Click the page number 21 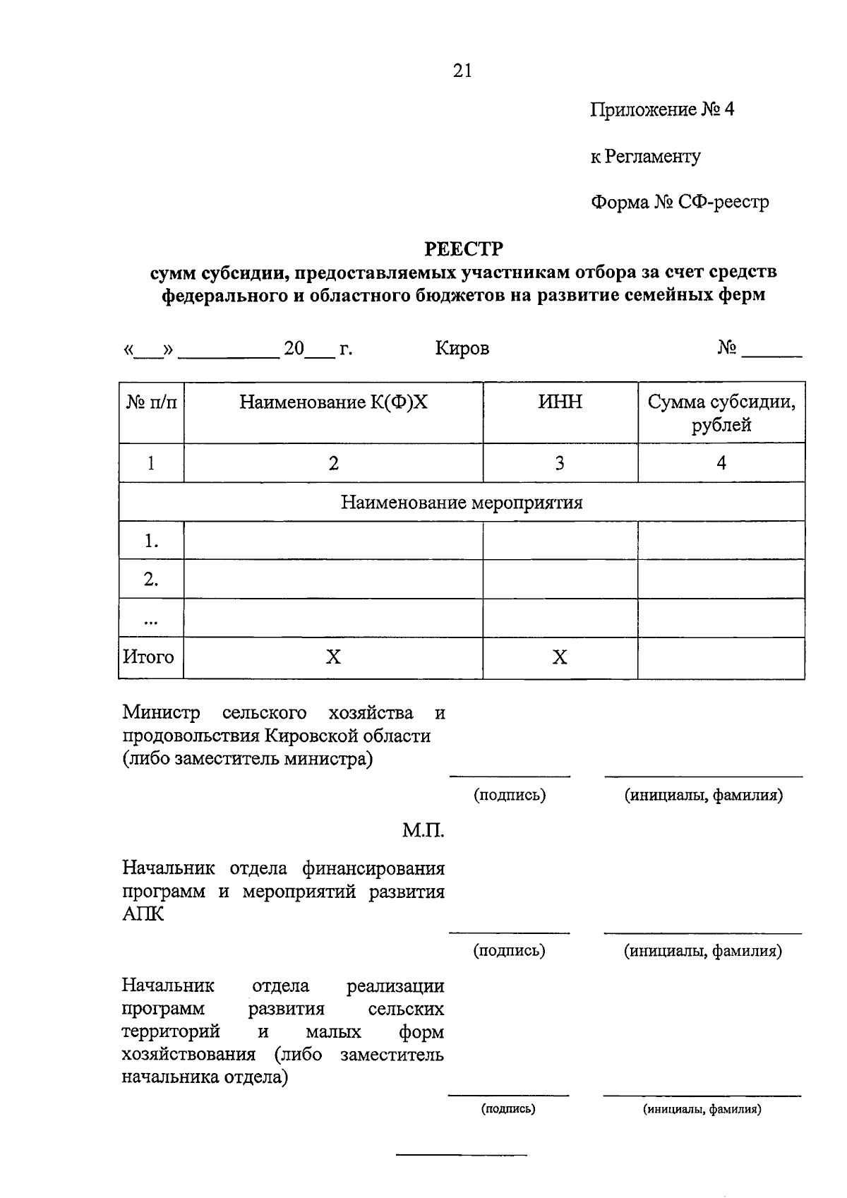(462, 71)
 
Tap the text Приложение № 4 (662, 109)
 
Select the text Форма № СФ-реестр (679, 203)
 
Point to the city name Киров (462, 349)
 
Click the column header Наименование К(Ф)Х (333, 402)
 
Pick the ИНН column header (560, 402)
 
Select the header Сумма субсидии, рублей (721, 414)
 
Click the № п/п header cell (151, 402)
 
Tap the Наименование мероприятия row (462, 503)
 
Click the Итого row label (148, 657)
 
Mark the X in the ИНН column (560, 658)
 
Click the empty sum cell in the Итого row (721, 658)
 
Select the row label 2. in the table (150, 580)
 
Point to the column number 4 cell (721, 463)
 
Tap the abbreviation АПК (143, 915)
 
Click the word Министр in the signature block (161, 713)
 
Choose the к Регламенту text (645, 156)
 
